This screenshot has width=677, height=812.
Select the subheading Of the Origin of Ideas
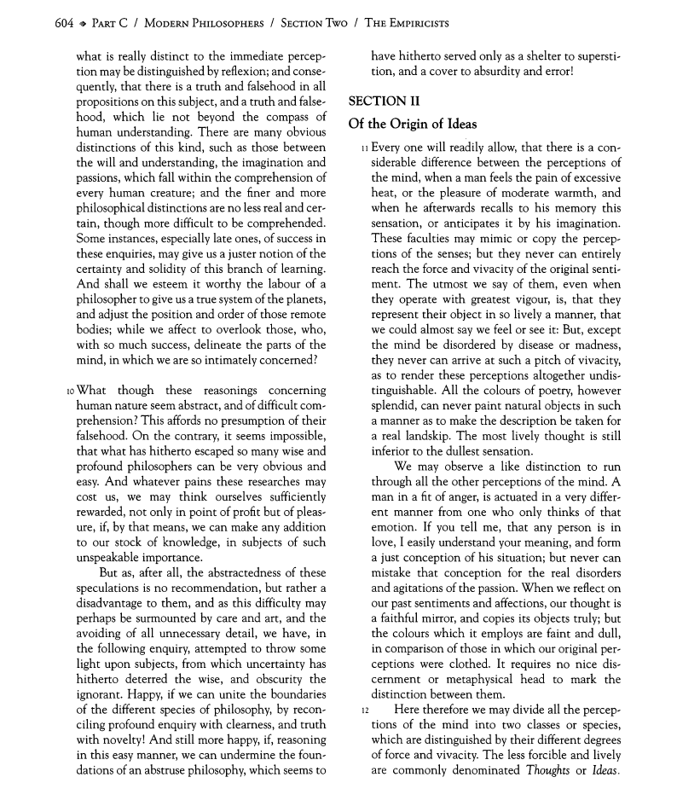click(x=413, y=124)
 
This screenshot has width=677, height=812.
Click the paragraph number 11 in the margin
click(x=365, y=148)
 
